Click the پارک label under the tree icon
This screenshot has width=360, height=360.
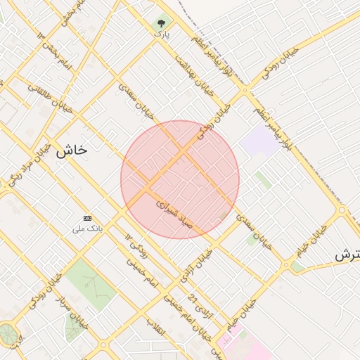(x=162, y=33)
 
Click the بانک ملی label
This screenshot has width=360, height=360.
(x=88, y=229)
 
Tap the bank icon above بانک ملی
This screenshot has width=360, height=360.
(x=88, y=219)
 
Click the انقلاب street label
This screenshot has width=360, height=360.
(x=153, y=330)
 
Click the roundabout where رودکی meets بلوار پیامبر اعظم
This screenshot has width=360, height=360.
(x=245, y=90)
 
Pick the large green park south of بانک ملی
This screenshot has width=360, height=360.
(x=90, y=283)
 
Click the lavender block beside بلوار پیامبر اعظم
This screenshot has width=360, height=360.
(x=258, y=141)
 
